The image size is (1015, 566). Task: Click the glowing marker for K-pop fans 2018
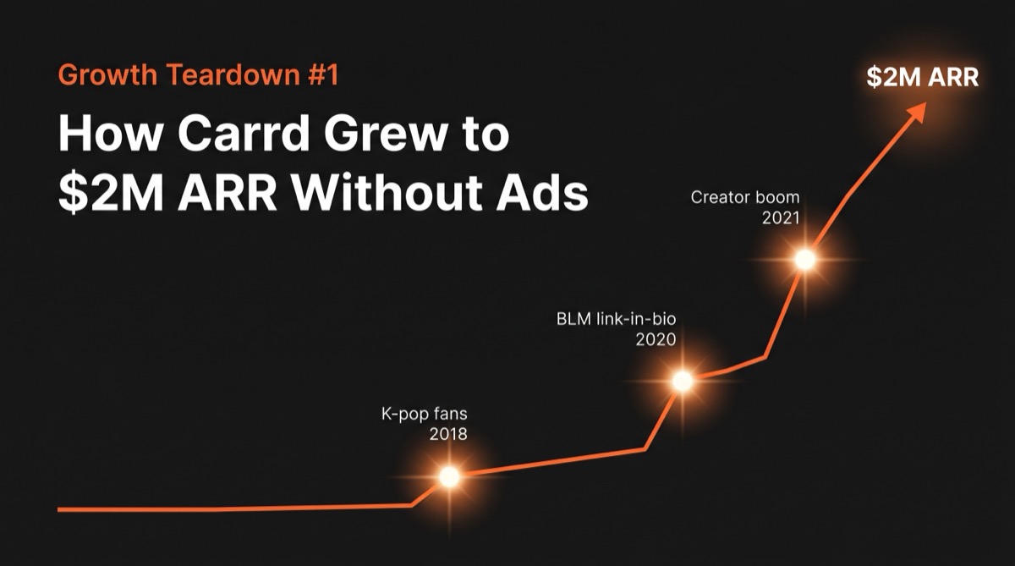(x=449, y=477)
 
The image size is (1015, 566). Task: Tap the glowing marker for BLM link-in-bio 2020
(x=683, y=382)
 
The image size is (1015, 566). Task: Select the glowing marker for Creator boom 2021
(x=805, y=260)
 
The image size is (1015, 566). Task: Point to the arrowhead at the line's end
(x=916, y=113)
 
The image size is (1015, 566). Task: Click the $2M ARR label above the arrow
(x=922, y=77)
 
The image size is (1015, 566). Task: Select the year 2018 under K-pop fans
(x=448, y=436)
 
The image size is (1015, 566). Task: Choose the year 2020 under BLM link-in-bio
(x=657, y=340)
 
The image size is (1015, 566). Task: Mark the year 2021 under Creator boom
(x=780, y=217)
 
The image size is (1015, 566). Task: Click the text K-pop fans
(x=422, y=415)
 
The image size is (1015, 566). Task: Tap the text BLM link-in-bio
(x=617, y=320)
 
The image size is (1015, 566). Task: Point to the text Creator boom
(x=744, y=197)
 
